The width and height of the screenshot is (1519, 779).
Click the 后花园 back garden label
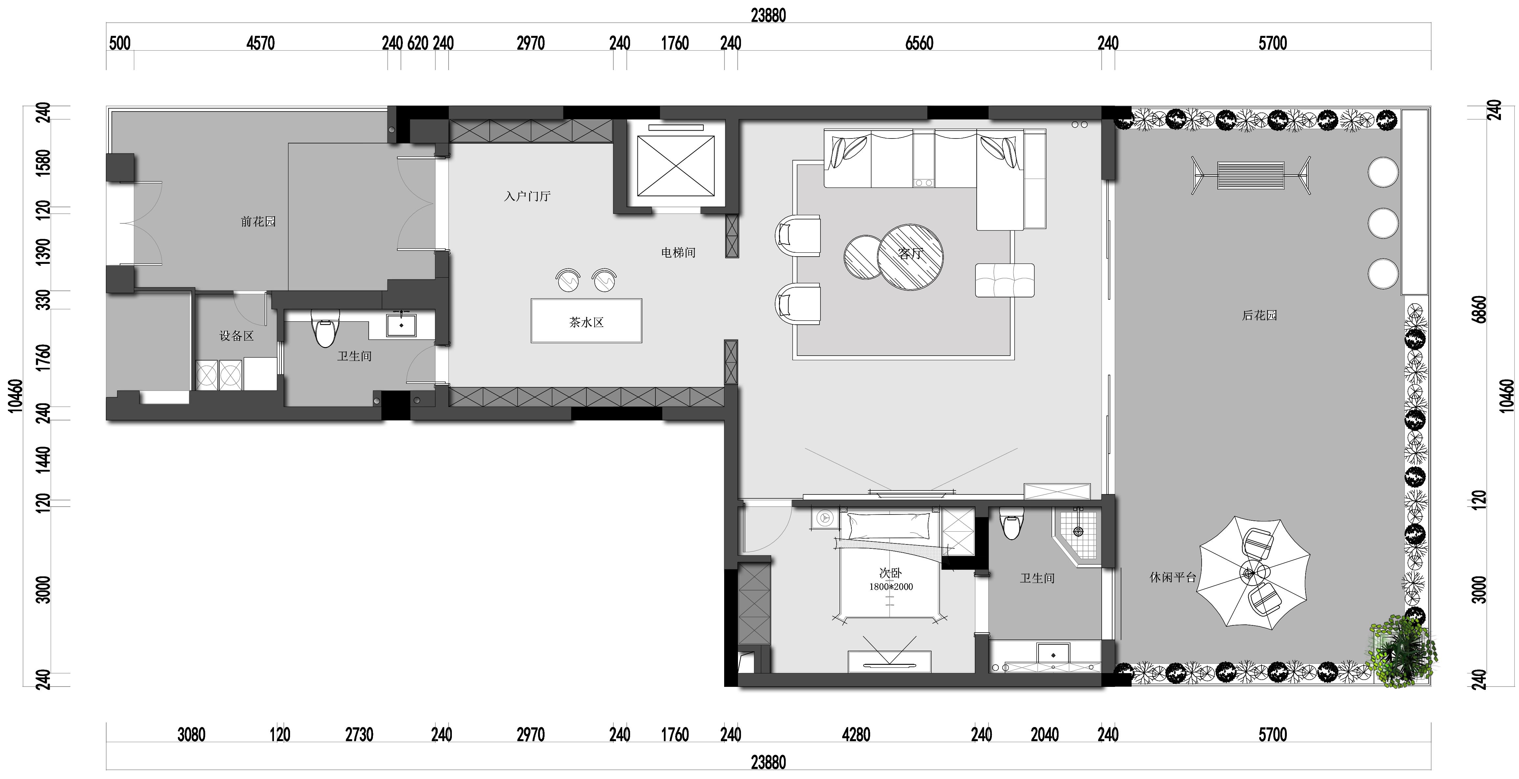pos(1260,315)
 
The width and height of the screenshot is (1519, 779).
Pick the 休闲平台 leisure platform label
pos(1173,577)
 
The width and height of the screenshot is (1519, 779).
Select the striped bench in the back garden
pos(1250,175)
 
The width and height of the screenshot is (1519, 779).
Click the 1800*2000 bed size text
pos(891,587)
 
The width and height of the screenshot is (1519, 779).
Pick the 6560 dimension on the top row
pos(919,43)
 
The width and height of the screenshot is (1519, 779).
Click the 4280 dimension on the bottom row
pos(856,735)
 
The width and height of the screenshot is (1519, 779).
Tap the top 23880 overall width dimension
pos(768,15)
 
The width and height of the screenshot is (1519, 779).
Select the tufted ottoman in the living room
pos(1005,280)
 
